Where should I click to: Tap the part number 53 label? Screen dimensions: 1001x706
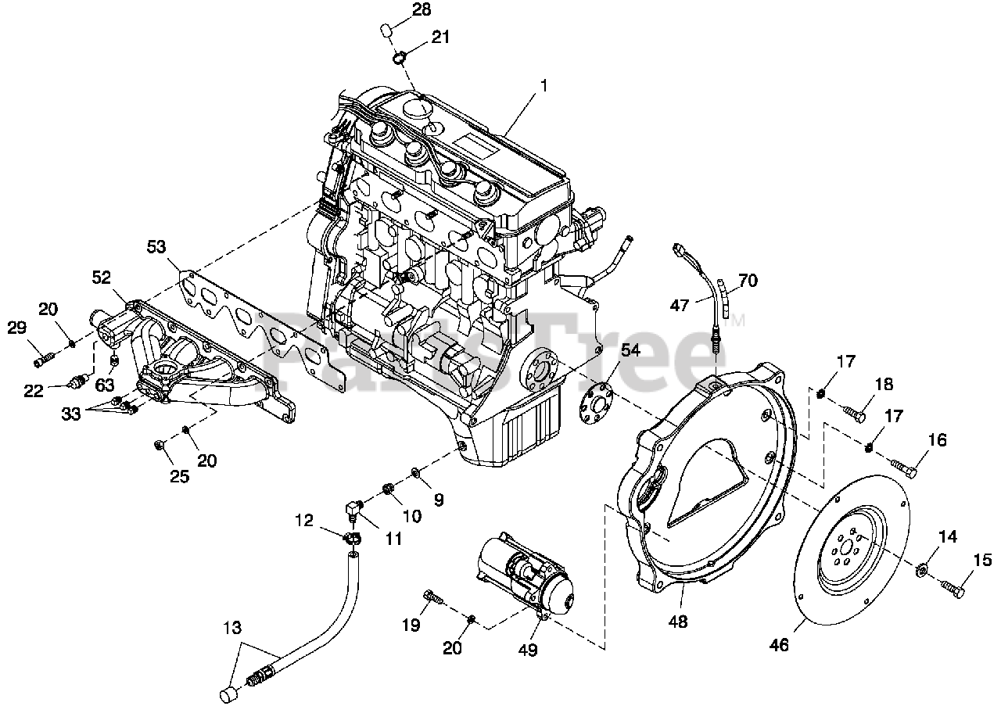156,246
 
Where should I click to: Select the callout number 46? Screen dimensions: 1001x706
780,645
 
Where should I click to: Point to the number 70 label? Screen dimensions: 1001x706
748,281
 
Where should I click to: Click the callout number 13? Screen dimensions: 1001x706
232,627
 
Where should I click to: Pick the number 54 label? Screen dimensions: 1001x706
630,351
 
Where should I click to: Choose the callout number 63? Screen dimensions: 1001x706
105,385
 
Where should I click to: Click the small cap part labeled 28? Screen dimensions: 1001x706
386,32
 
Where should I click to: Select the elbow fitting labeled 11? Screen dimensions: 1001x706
353,510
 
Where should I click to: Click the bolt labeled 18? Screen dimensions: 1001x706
853,414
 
